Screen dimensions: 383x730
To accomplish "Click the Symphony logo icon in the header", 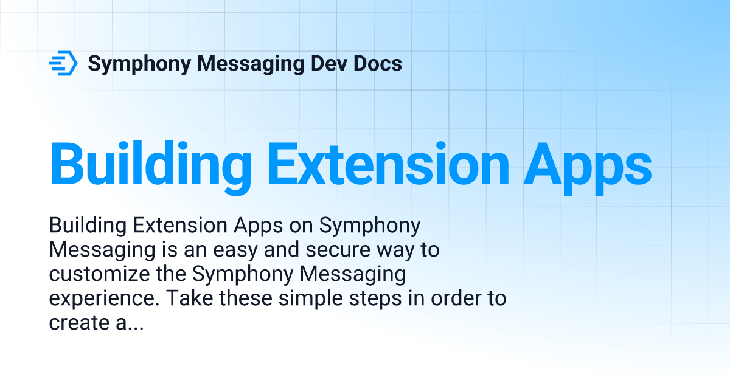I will tap(63, 63).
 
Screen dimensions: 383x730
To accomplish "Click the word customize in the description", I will tap(97, 275).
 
